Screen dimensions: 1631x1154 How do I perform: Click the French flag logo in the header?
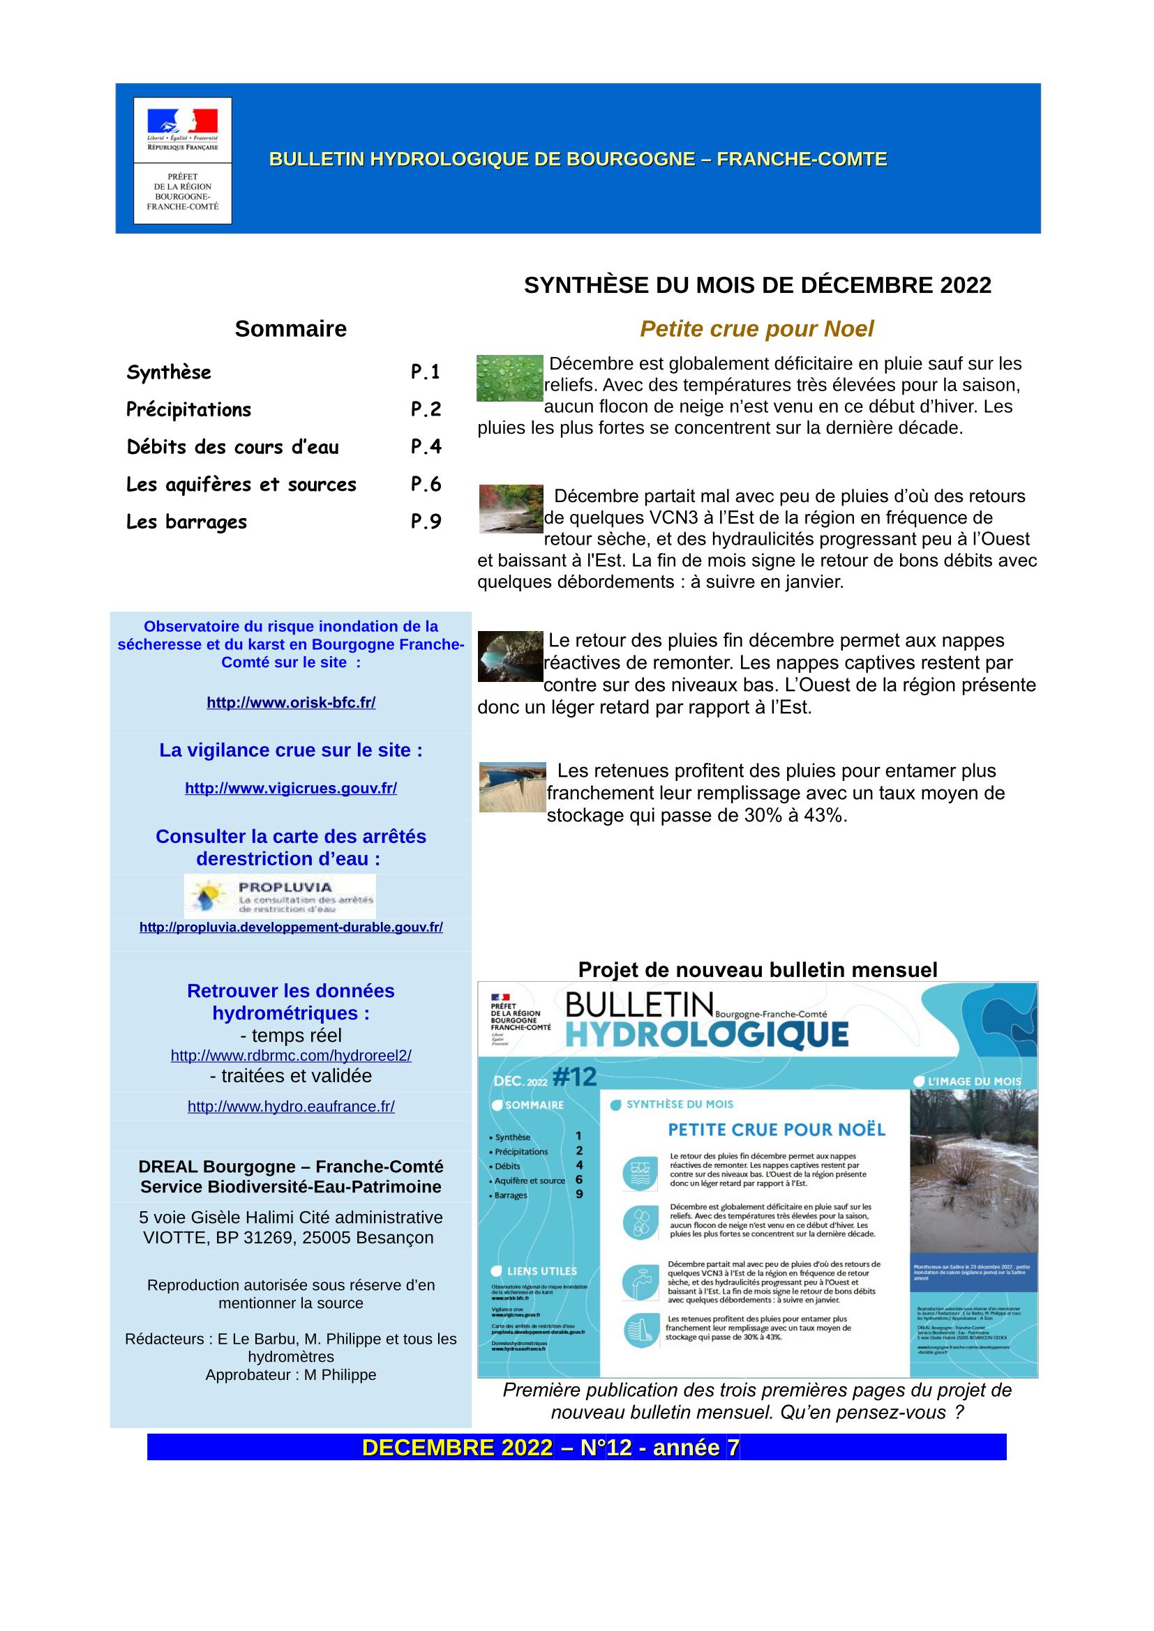tap(183, 121)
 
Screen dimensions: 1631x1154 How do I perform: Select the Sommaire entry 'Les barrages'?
tap(187, 522)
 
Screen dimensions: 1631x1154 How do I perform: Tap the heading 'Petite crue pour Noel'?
tap(756, 329)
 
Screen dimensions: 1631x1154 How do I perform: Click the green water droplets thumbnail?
tap(509, 378)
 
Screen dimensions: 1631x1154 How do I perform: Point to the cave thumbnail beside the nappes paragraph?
tap(510, 656)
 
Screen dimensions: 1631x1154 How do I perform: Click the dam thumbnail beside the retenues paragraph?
tap(512, 787)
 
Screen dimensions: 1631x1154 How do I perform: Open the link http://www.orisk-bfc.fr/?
tap(291, 703)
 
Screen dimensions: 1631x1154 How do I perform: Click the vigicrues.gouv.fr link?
tap(291, 788)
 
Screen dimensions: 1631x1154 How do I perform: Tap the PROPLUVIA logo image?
tap(280, 896)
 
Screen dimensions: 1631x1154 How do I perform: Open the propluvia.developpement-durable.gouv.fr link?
tap(291, 927)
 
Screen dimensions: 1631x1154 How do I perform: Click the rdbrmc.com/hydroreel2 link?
tap(291, 1056)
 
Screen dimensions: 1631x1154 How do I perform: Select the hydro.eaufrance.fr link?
tap(291, 1106)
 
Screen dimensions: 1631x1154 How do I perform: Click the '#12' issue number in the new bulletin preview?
tap(575, 1077)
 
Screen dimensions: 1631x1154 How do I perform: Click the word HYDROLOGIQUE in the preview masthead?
tap(707, 1035)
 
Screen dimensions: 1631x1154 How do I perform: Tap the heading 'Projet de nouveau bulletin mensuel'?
tap(757, 970)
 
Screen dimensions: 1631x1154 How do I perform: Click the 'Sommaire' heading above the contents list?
tap(291, 329)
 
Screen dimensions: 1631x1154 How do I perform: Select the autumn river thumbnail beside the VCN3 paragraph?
tap(511, 508)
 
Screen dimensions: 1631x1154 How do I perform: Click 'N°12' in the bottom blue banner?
tap(606, 1448)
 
